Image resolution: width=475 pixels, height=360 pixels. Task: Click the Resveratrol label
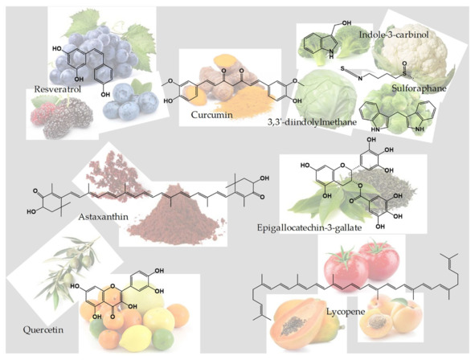tap(58, 89)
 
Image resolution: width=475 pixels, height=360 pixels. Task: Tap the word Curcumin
tap(211, 115)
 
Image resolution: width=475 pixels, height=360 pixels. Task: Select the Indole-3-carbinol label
tap(394, 35)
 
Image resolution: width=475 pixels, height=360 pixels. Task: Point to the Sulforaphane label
tap(419, 88)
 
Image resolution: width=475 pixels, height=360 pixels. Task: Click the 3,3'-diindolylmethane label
tap(312, 122)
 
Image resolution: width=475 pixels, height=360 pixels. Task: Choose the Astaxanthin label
tap(104, 217)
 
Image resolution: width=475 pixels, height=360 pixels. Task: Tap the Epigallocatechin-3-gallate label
tap(309, 227)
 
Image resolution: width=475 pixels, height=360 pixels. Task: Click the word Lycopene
tap(346, 312)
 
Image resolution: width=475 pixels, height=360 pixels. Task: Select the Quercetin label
tap(43, 329)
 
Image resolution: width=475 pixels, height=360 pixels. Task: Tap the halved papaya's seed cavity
tap(293, 325)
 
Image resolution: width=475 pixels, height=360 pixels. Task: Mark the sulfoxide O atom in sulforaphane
tap(404, 63)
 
